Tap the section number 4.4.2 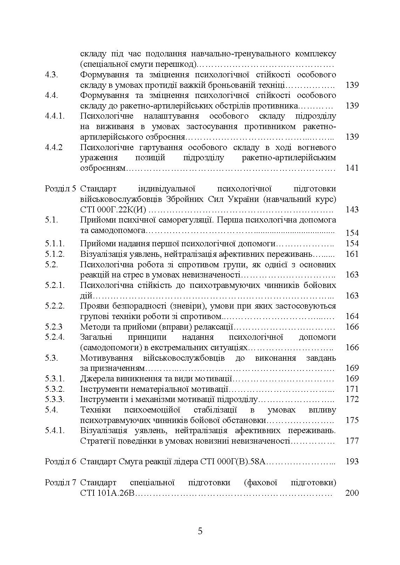point(54,147)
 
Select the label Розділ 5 point(60,189)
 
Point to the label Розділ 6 point(60,461)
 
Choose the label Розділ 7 point(60,482)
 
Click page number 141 point(352,168)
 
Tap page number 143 point(352,210)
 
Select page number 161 point(352,254)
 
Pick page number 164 point(352,316)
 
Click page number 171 point(352,389)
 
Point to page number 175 point(352,420)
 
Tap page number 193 point(352,461)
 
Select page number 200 point(352,493)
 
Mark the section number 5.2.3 point(54,327)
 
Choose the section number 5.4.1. point(55,430)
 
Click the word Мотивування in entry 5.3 point(106,358)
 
